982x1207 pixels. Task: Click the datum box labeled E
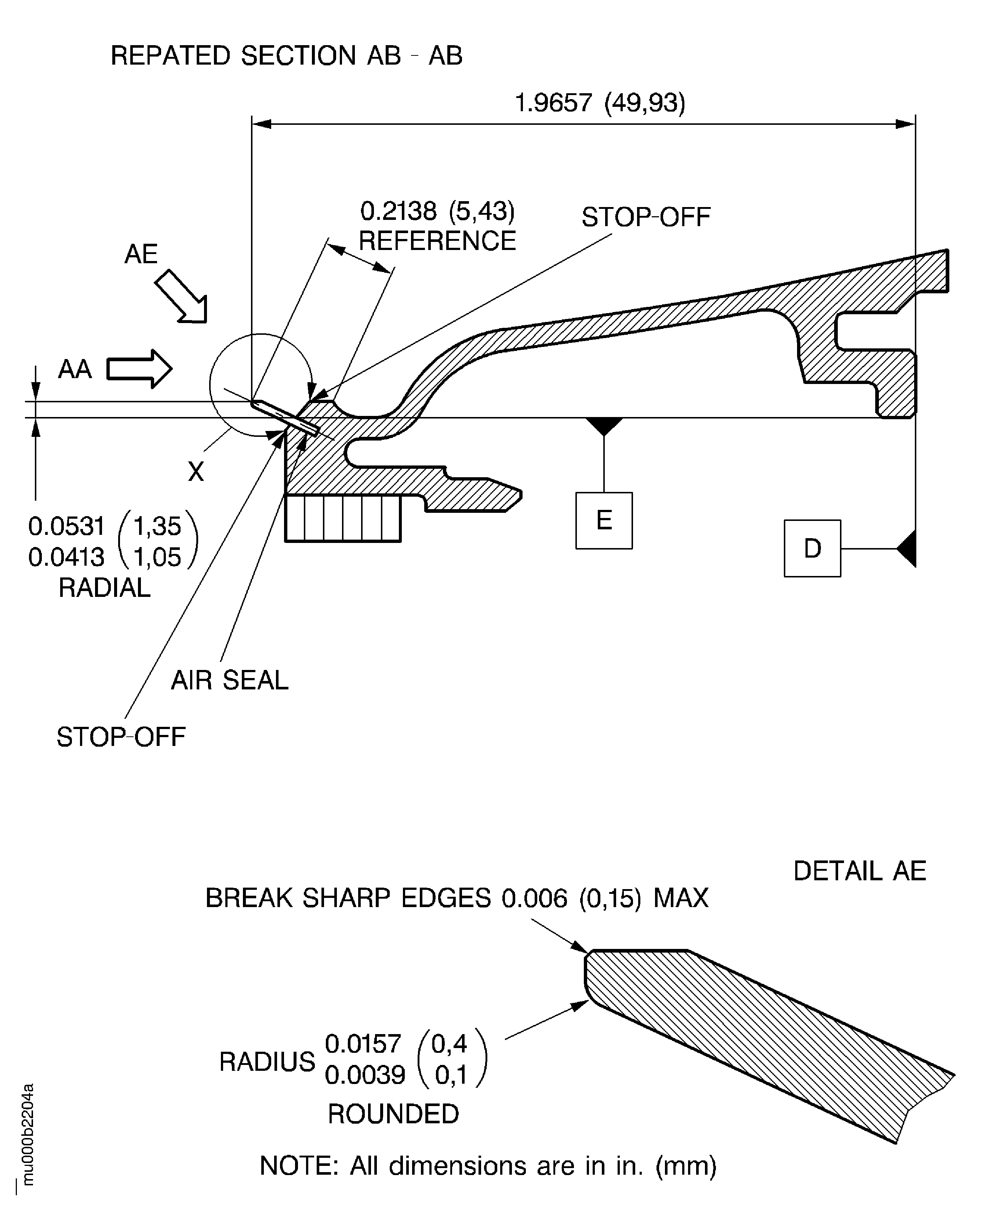click(x=604, y=520)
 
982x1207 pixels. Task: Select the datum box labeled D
click(x=812, y=548)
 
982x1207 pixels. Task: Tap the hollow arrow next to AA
click(x=139, y=369)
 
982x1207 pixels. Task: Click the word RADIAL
click(x=105, y=588)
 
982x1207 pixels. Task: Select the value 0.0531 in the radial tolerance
click(x=66, y=526)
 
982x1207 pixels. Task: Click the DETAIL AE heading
click(x=860, y=871)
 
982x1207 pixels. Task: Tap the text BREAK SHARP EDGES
click(x=348, y=898)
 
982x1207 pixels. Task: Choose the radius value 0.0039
click(x=365, y=1074)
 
